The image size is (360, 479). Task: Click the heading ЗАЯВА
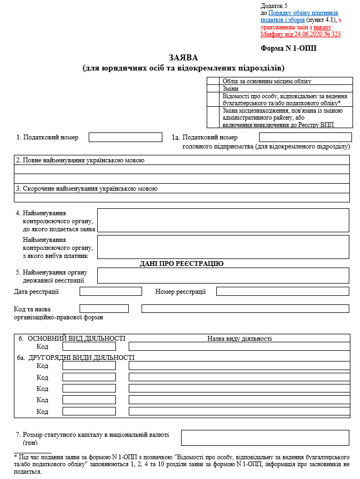[x=183, y=58]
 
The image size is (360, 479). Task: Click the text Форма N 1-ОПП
[x=288, y=48]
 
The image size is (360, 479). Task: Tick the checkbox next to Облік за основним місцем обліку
[x=213, y=81]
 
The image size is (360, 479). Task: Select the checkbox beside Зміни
[x=213, y=88]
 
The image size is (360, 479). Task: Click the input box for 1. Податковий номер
[x=125, y=137]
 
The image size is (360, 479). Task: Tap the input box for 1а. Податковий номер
[x=305, y=137]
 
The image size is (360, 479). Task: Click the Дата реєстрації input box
[x=111, y=292]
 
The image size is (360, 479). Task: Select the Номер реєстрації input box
[x=283, y=292]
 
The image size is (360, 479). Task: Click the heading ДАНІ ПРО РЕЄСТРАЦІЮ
[x=182, y=264]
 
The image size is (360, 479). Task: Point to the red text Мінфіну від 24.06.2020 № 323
[x=300, y=34]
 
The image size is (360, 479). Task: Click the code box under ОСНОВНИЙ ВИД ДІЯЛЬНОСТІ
[x=89, y=347]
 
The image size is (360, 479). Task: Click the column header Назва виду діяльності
[x=239, y=339]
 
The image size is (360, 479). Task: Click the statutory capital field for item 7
[x=265, y=438]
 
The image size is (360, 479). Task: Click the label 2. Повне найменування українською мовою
[x=80, y=160]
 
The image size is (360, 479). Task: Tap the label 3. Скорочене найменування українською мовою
[x=87, y=189]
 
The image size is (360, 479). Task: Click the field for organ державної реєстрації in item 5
[x=223, y=276]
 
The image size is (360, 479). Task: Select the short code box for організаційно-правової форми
[x=104, y=309]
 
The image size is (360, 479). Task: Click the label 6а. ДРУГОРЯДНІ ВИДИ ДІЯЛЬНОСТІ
[x=76, y=357]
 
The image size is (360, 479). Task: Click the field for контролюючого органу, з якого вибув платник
[x=223, y=247]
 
